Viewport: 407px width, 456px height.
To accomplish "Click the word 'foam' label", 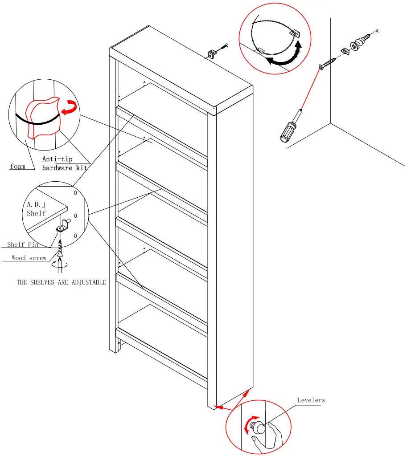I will click(x=18, y=167).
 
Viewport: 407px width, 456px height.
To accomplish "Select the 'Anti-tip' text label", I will click(x=57, y=159).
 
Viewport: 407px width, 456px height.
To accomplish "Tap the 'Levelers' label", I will click(x=311, y=400).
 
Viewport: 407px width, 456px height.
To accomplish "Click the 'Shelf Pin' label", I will click(x=23, y=244).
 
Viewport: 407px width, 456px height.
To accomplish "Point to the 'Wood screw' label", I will click(x=29, y=258).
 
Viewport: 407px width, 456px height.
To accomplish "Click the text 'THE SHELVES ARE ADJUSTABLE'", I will click(x=62, y=282).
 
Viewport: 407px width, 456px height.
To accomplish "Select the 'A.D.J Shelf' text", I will click(x=36, y=209).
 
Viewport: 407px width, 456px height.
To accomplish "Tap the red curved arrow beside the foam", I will click(x=69, y=107).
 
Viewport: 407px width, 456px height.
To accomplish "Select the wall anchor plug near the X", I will click(x=359, y=44).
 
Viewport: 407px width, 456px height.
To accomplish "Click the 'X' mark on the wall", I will click(x=377, y=31).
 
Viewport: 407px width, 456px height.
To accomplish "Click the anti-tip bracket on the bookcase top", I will click(x=212, y=54).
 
